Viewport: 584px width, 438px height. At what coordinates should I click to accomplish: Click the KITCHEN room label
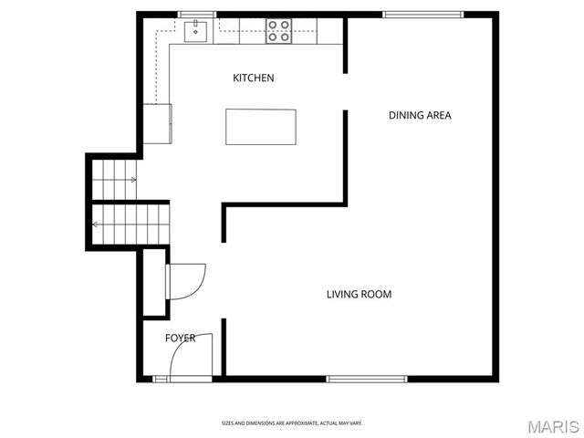point(253,78)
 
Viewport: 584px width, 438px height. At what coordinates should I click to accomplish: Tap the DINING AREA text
point(420,115)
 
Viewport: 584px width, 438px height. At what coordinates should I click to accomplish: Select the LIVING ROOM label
point(359,294)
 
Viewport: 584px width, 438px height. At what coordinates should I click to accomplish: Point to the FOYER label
point(180,339)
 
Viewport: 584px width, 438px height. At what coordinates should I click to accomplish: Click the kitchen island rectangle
point(261,126)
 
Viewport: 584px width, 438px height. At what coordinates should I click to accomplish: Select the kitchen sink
point(195,32)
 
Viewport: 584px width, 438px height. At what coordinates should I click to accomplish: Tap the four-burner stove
point(278,32)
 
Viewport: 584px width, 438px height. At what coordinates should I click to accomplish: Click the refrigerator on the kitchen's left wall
point(157,123)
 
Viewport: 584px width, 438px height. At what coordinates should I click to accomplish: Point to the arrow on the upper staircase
point(132,180)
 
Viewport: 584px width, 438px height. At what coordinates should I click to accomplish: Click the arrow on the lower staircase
point(97,224)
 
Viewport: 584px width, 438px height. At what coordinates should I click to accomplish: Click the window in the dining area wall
point(422,14)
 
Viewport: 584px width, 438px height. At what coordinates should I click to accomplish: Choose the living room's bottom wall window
point(367,379)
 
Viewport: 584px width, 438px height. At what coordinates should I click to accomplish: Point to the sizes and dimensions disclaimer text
point(292,423)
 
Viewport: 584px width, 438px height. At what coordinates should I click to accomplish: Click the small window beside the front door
point(162,379)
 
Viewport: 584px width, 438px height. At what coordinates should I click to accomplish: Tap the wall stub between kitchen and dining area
point(345,155)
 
